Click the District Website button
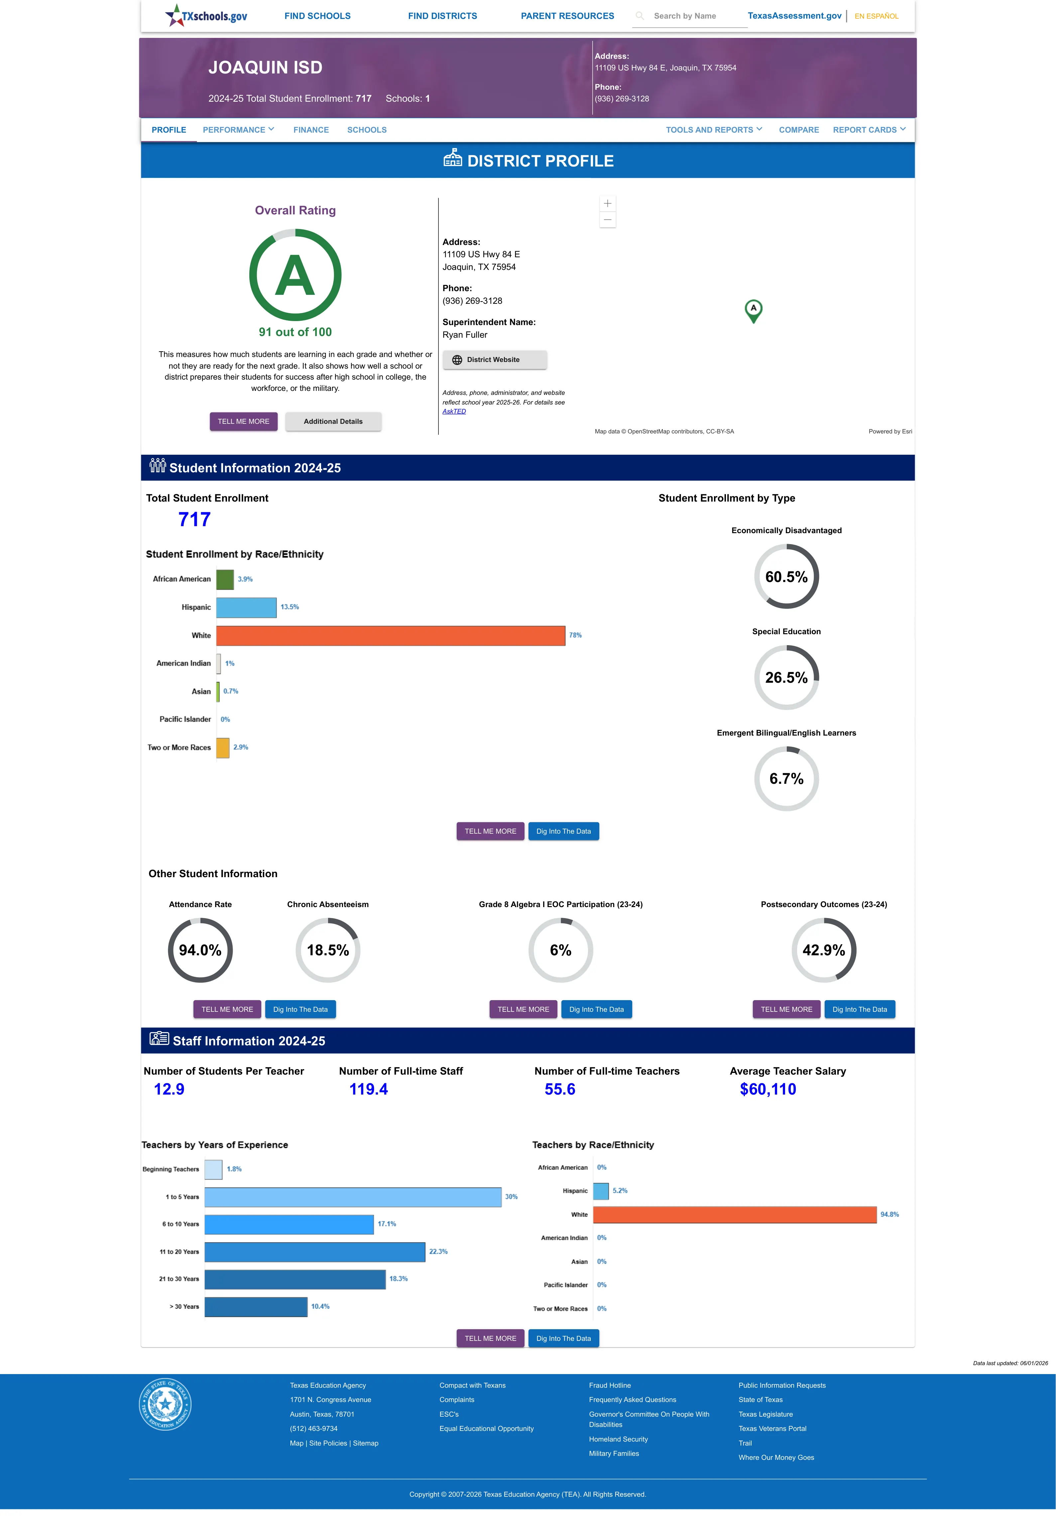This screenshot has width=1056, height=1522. [494, 360]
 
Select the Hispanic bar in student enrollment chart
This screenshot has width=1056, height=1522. [246, 607]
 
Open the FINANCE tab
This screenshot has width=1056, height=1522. [311, 130]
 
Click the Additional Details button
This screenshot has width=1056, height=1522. [333, 421]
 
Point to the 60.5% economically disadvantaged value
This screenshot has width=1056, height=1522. [786, 577]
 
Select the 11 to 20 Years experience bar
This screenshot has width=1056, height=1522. [314, 1251]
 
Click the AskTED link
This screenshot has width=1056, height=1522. [454, 411]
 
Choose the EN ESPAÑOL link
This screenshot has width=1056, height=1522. [876, 16]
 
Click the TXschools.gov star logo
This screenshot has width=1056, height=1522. [174, 15]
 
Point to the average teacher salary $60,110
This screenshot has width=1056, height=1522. [767, 1090]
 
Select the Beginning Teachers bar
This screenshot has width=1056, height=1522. [213, 1169]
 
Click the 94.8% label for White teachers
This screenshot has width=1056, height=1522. [889, 1215]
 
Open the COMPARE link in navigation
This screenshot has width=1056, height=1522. [799, 130]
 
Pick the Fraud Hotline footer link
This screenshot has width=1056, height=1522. [609, 1385]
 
